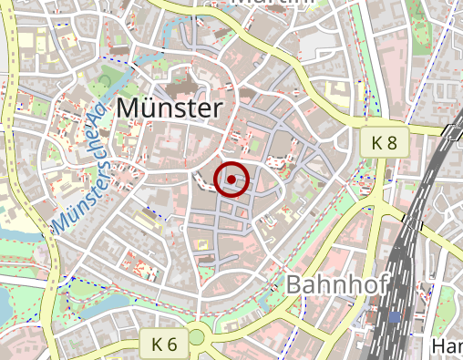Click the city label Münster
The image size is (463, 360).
tap(170, 108)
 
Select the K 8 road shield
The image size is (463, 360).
tap(384, 142)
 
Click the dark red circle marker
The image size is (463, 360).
tap(232, 179)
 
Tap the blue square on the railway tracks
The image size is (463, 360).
tap(395, 316)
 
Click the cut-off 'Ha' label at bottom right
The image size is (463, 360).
tap(446, 347)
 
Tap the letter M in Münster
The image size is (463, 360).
tap(129, 108)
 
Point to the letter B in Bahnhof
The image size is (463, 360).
tap(294, 283)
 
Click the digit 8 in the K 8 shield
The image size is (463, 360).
tap(392, 142)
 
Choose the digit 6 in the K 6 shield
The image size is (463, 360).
tap(173, 344)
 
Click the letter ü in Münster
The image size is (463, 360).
tap(149, 108)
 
